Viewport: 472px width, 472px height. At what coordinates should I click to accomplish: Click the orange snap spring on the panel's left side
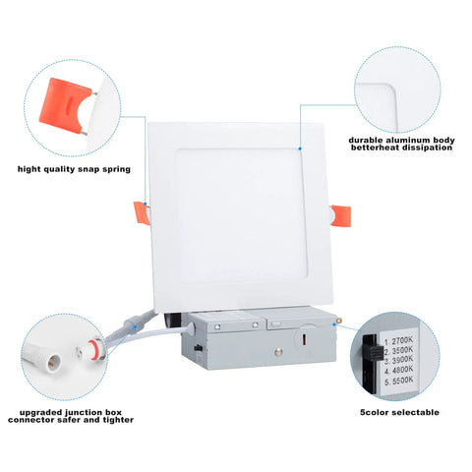pyautogui.click(x=142, y=213)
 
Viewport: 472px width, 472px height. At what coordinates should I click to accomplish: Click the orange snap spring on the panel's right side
pyautogui.click(x=341, y=215)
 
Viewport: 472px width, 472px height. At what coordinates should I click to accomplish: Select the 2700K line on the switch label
pyautogui.click(x=398, y=341)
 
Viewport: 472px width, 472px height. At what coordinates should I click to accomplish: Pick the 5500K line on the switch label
pyautogui.click(x=399, y=381)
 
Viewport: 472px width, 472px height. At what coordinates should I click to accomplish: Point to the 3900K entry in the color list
pyautogui.click(x=398, y=360)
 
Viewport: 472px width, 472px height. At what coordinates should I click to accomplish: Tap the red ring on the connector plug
pyautogui.click(x=93, y=350)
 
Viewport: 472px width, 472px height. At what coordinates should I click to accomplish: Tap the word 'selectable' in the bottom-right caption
pyautogui.click(x=415, y=412)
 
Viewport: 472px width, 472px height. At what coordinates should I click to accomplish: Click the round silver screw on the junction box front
pyautogui.click(x=279, y=353)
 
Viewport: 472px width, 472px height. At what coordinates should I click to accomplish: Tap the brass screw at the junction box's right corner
pyautogui.click(x=338, y=320)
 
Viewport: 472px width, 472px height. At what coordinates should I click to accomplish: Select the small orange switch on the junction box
pyautogui.click(x=304, y=339)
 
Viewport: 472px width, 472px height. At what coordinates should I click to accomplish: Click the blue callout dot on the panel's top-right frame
pyautogui.click(x=300, y=148)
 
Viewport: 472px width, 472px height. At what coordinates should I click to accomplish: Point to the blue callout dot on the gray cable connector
pyautogui.click(x=135, y=326)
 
